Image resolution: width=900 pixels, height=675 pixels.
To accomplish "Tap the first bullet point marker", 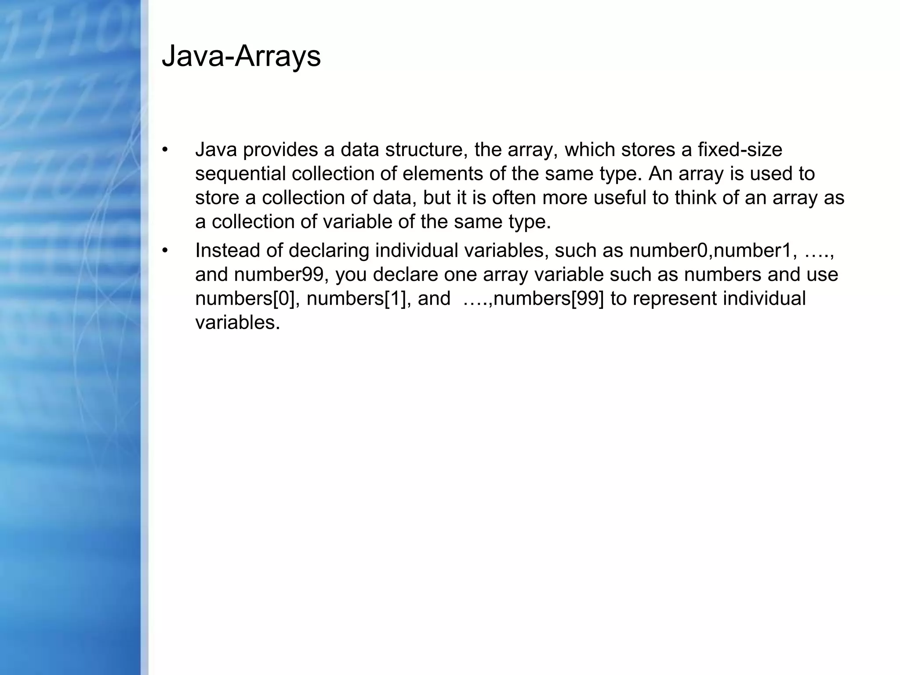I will [x=165, y=150].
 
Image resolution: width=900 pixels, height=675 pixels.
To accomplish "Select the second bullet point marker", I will [x=165, y=250].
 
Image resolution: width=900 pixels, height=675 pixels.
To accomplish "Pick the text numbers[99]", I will [x=549, y=299].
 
